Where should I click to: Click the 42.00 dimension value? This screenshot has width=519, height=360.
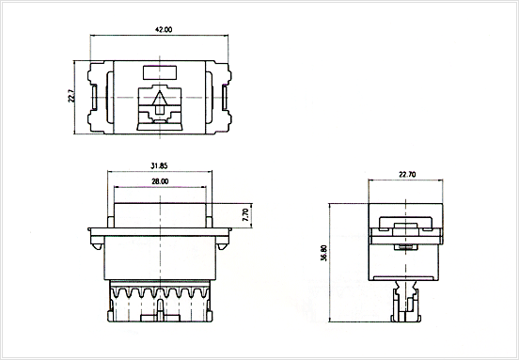tap(164, 29)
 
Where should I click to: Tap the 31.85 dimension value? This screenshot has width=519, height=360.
tap(159, 166)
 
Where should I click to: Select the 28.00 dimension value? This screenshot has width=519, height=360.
tap(160, 181)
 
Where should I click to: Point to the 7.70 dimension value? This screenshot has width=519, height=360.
tap(246, 215)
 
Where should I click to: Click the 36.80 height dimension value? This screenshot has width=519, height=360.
tap(323, 253)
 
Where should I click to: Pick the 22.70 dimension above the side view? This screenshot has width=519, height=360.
tap(407, 175)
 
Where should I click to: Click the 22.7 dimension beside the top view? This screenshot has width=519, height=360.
tap(71, 96)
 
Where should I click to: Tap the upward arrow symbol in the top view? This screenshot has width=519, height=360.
tap(160, 102)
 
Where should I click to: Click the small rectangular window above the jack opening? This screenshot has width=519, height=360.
tap(160, 72)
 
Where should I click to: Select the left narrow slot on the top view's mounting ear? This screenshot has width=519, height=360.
tap(94, 97)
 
